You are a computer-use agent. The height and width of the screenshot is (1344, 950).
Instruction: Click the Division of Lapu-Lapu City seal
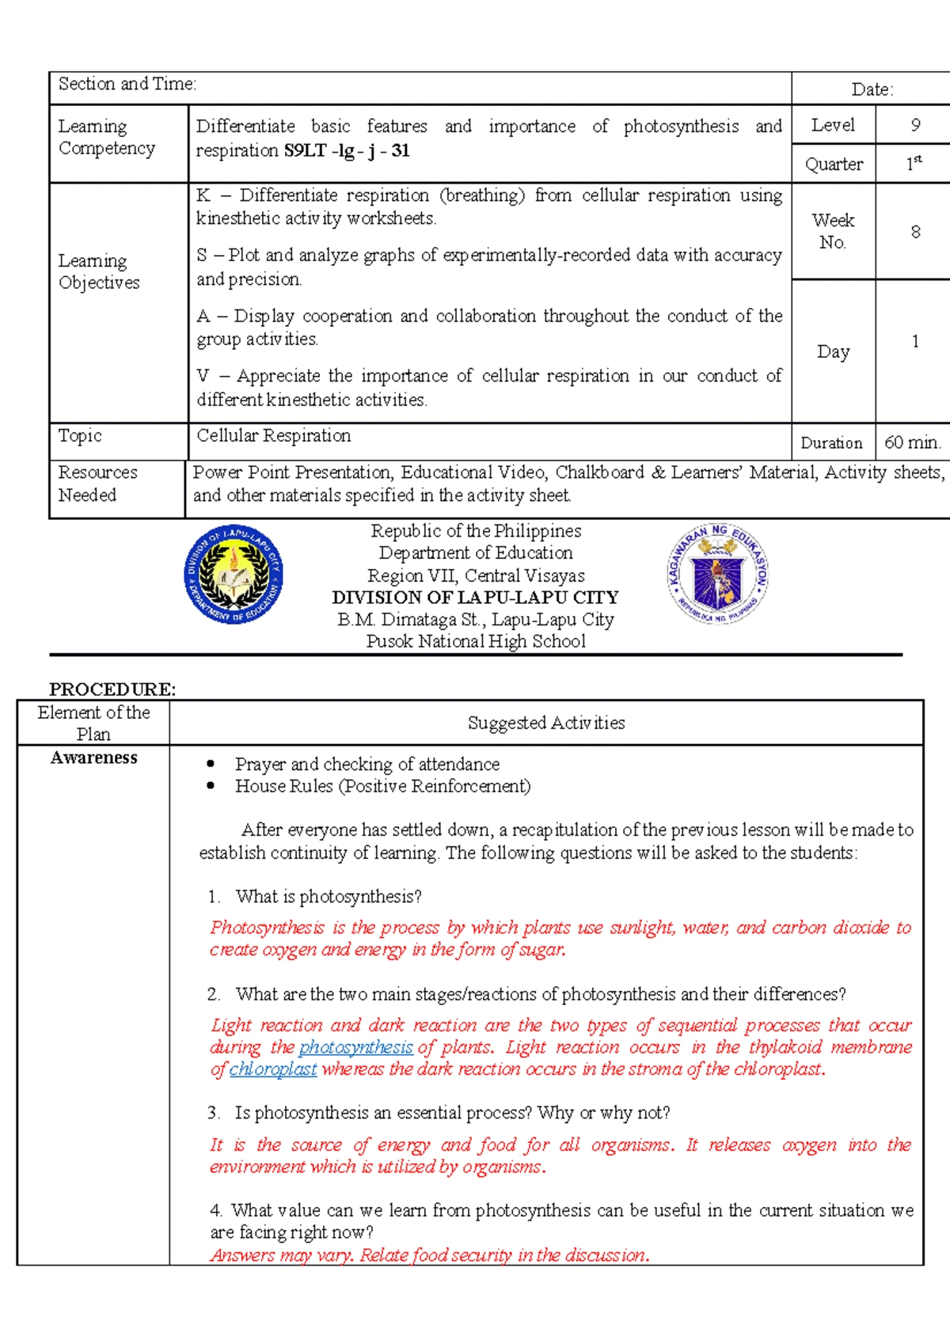click(234, 574)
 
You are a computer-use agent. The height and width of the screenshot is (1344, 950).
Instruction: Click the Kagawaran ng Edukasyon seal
click(717, 574)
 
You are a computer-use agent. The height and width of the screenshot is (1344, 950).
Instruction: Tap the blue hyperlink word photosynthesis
click(356, 1047)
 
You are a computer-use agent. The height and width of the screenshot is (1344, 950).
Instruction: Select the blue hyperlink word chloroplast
click(273, 1069)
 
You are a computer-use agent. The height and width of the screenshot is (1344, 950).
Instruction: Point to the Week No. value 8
click(915, 232)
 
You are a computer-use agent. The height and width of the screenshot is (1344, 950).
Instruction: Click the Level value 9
click(915, 125)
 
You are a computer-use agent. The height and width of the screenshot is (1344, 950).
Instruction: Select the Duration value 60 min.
click(912, 442)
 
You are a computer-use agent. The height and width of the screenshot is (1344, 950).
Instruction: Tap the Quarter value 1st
click(914, 164)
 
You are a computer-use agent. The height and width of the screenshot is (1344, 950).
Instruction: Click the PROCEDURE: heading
click(112, 689)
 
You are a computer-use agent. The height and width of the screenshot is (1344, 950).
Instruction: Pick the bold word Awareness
click(93, 757)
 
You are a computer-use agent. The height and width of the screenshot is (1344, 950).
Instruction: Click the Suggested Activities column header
click(546, 723)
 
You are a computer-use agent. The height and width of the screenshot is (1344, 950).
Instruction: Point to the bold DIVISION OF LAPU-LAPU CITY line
click(475, 598)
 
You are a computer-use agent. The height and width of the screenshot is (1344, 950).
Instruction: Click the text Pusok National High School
click(476, 642)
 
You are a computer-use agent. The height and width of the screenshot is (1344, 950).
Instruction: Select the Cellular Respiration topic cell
click(274, 435)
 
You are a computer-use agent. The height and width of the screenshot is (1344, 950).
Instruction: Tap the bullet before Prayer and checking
click(211, 764)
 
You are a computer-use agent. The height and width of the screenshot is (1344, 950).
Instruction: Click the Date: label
click(872, 89)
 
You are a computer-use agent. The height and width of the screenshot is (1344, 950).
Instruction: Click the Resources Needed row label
click(97, 484)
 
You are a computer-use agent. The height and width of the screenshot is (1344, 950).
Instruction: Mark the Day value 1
click(915, 341)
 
